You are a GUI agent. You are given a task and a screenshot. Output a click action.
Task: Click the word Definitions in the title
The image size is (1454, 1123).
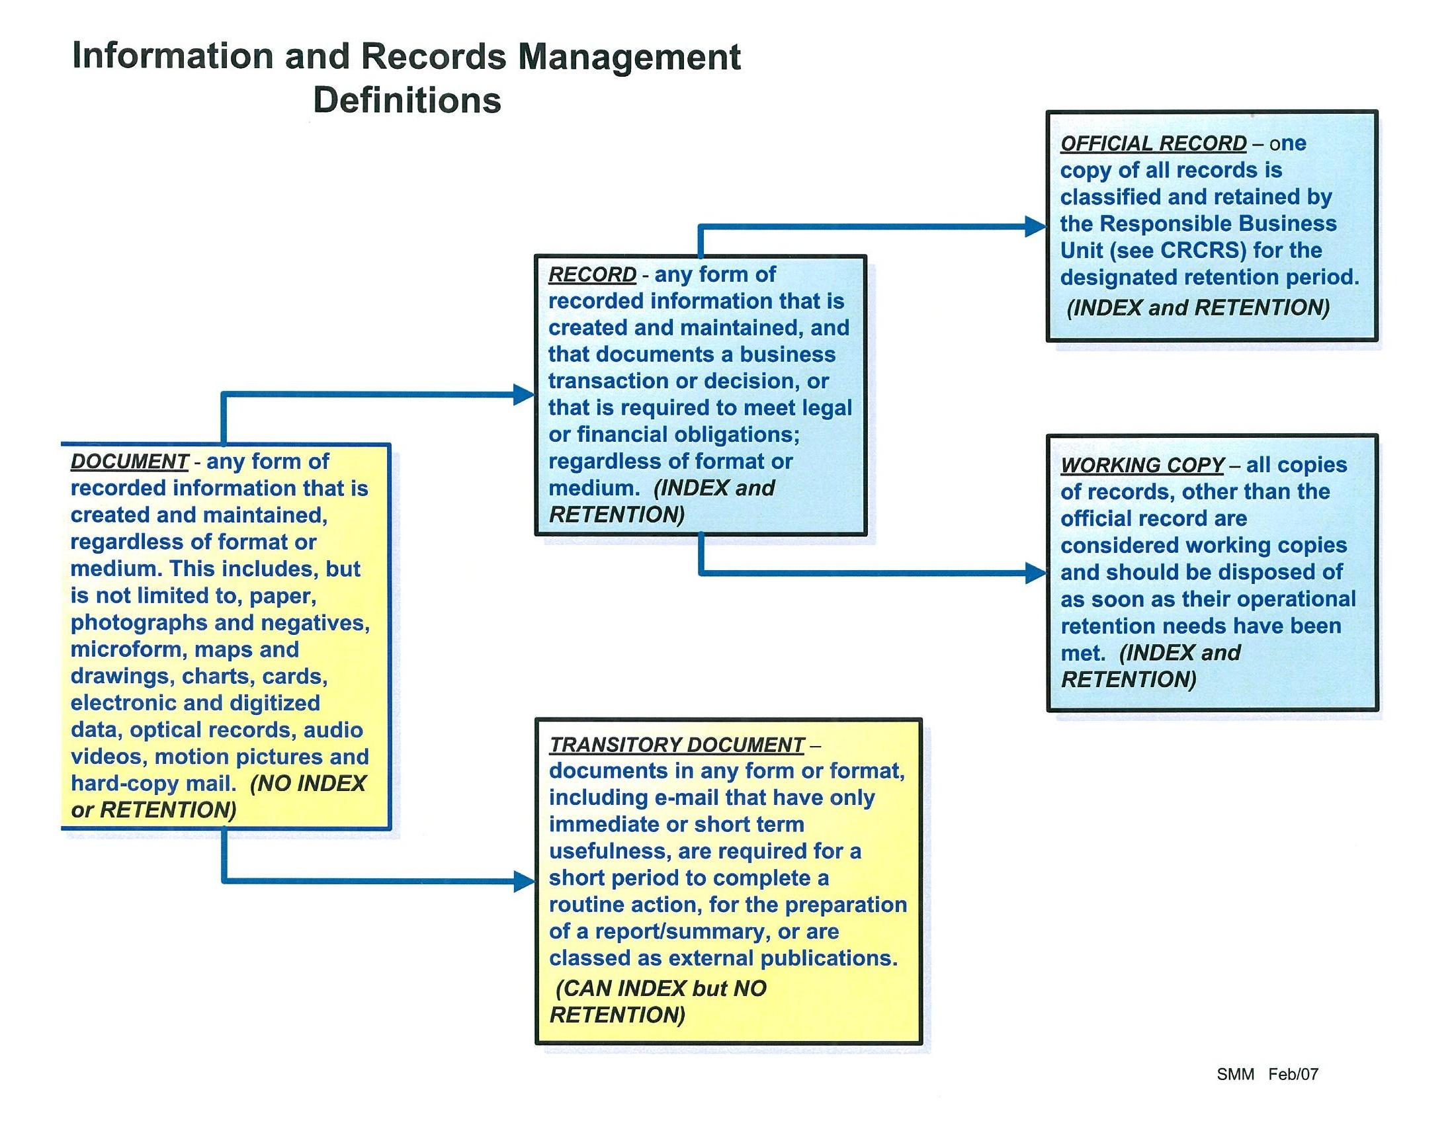coord(407,101)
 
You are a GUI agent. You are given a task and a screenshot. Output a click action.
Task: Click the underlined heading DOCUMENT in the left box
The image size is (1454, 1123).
coord(129,462)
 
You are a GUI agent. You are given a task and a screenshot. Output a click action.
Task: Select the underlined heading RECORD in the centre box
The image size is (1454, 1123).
coord(592,274)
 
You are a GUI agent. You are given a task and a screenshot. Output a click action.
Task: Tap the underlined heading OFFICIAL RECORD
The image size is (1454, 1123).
coord(1153,143)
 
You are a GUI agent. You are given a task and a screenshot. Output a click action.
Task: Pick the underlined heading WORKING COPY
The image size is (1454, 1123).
coord(1142,465)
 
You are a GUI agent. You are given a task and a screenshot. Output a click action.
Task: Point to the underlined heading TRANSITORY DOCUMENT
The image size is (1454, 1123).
coord(677,744)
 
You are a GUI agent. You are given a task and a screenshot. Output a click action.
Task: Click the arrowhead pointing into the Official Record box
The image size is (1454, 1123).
coord(1035,226)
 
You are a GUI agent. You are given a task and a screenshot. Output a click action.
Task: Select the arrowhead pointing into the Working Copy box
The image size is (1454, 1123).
coord(1035,573)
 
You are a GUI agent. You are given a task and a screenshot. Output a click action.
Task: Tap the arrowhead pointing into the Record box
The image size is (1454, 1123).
coord(523,394)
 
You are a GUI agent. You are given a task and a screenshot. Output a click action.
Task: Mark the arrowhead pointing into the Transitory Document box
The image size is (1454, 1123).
coord(524,882)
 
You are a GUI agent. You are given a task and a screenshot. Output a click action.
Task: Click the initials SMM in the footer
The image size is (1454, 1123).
coord(1235,1075)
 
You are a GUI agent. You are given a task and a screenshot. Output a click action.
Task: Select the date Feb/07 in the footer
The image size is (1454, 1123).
coord(1293,1075)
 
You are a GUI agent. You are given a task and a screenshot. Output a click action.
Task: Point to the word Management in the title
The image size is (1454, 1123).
coord(629,57)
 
